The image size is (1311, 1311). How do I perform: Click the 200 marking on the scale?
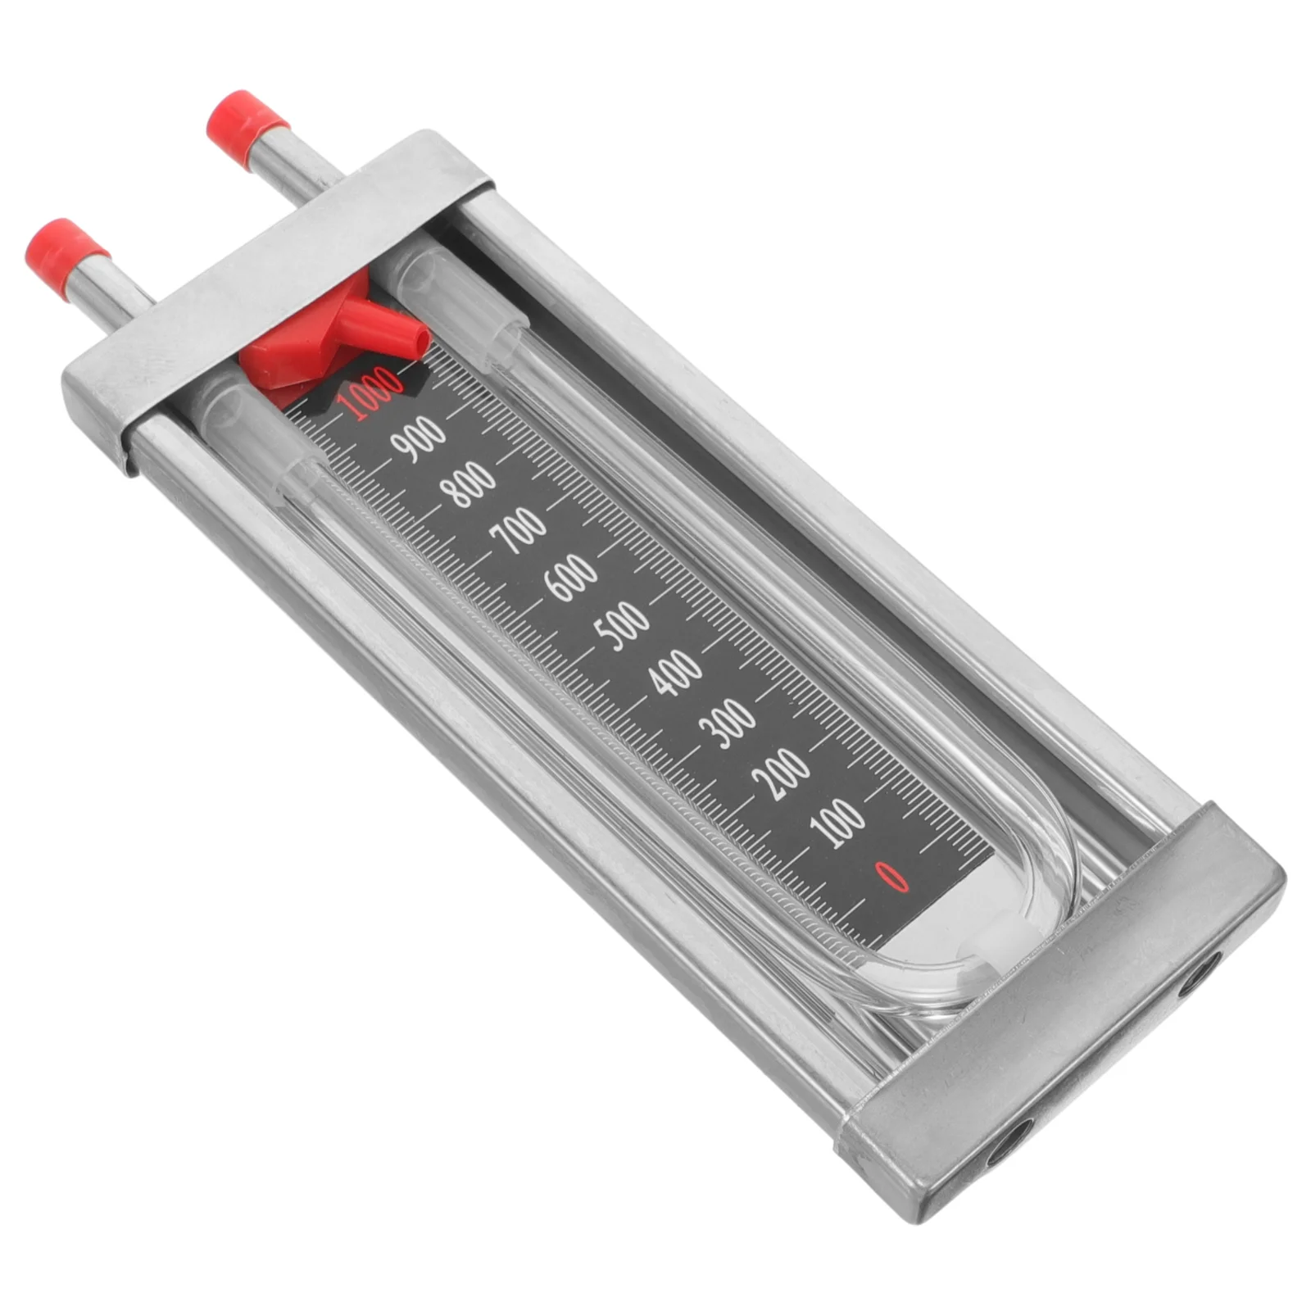tap(783, 772)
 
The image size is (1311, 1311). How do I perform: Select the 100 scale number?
tap(837, 822)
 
